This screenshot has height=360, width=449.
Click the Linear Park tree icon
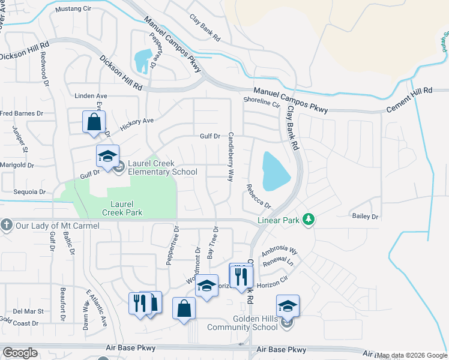309,220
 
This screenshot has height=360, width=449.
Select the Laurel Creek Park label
122,208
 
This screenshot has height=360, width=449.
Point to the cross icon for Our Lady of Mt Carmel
7,226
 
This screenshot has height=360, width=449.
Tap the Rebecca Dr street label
259,196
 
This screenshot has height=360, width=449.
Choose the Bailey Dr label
366,216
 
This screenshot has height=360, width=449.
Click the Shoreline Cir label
262,103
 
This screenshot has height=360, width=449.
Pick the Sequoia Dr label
29,192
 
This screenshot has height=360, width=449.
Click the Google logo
20,353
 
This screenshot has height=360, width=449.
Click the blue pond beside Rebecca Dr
275,171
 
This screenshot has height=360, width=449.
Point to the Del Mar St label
28,311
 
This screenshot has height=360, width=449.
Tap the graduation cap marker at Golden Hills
288,306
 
